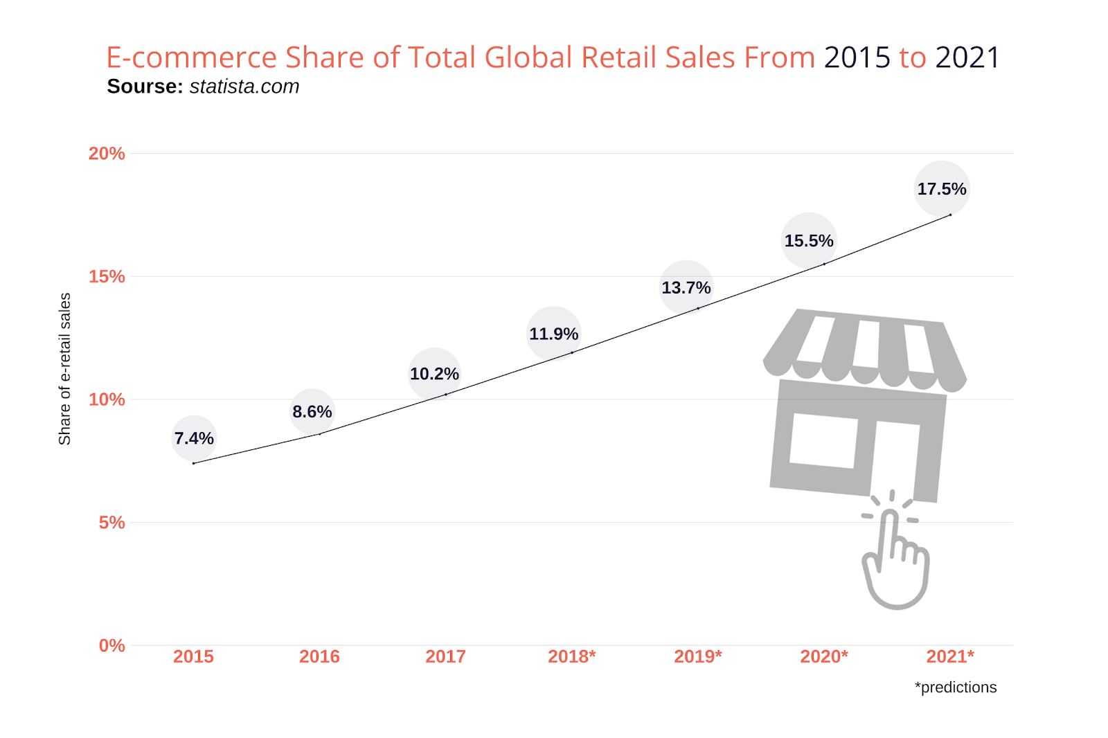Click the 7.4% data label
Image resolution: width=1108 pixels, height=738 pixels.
point(194,438)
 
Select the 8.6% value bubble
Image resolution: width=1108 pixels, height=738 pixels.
point(312,412)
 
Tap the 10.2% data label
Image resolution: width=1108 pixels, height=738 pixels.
point(434,374)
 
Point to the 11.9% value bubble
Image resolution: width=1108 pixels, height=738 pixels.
point(553,334)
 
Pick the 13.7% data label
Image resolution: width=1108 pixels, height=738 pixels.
point(686,287)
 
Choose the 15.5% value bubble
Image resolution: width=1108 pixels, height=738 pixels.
point(808,241)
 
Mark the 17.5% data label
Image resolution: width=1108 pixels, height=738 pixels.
point(942,189)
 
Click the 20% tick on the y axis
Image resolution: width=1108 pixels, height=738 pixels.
point(107,154)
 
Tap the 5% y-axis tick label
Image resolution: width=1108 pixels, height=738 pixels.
point(111,523)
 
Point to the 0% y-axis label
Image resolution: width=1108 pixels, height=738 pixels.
point(111,646)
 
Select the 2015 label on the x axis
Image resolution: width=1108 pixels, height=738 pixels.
point(193,657)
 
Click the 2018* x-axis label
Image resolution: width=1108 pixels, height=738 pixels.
point(571,657)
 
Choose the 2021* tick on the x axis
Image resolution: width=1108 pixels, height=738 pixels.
point(950,657)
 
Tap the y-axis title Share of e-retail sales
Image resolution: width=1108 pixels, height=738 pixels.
point(64,369)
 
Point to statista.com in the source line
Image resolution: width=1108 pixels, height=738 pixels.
point(244,87)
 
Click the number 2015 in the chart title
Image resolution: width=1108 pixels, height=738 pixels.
point(857,57)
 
